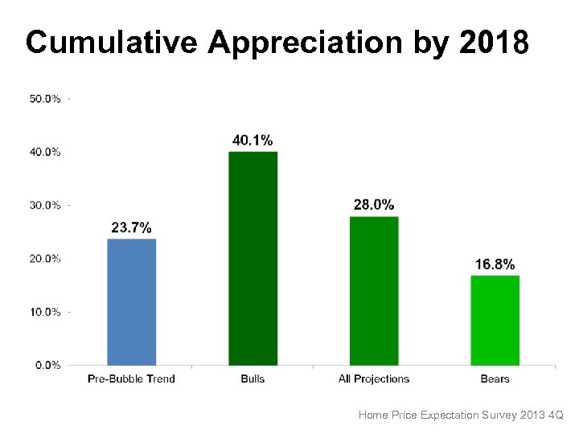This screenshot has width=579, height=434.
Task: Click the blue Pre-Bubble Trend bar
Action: pyautogui.click(x=132, y=301)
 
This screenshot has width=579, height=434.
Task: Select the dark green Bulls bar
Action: pyautogui.click(x=253, y=258)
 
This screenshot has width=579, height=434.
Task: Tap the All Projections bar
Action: pyautogui.click(x=374, y=290)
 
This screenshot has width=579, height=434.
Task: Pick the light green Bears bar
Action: pyautogui.click(x=495, y=320)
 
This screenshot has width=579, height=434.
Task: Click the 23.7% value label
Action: pyautogui.click(x=131, y=227)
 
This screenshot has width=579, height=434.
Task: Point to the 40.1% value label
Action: pyautogui.click(x=253, y=140)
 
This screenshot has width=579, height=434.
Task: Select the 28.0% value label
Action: pyautogui.click(x=374, y=205)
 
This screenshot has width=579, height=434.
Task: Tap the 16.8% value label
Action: pyautogui.click(x=495, y=264)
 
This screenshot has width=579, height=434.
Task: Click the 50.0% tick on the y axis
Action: pyautogui.click(x=44, y=99)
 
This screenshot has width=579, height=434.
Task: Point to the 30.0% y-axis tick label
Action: pyautogui.click(x=44, y=205)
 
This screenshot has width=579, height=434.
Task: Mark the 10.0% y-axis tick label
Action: pyautogui.click(x=44, y=312)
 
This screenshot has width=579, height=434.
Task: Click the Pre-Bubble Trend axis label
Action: pyautogui.click(x=131, y=379)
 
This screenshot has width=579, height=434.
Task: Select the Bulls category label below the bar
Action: pyautogui.click(x=253, y=379)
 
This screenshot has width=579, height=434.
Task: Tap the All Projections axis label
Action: pyautogui.click(x=374, y=379)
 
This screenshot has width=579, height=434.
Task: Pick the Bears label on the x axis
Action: pyautogui.click(x=495, y=379)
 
